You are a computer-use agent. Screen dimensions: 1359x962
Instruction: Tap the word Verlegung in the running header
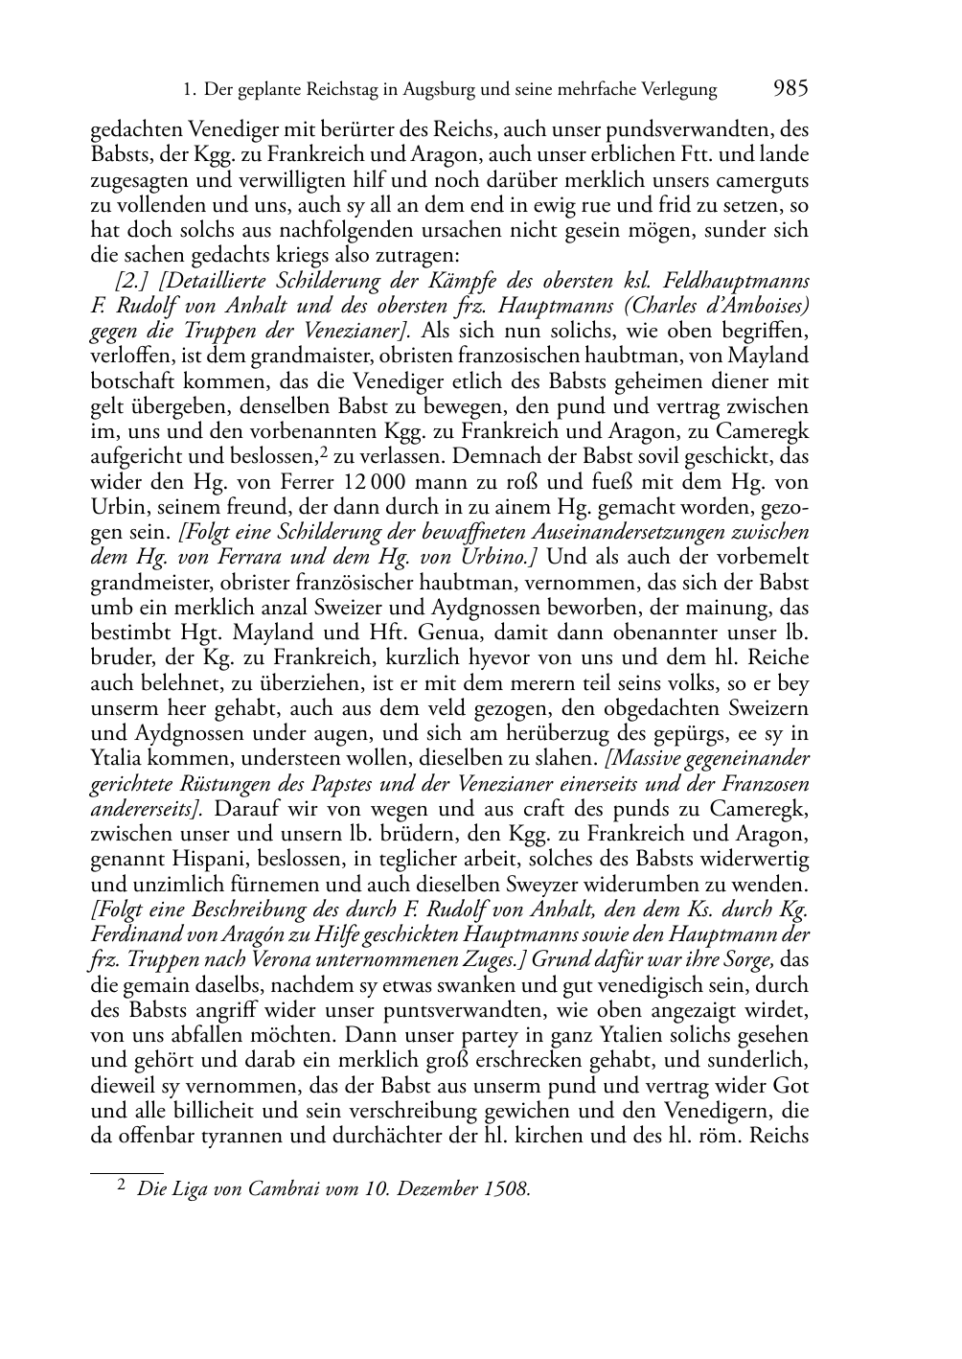(676, 90)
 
